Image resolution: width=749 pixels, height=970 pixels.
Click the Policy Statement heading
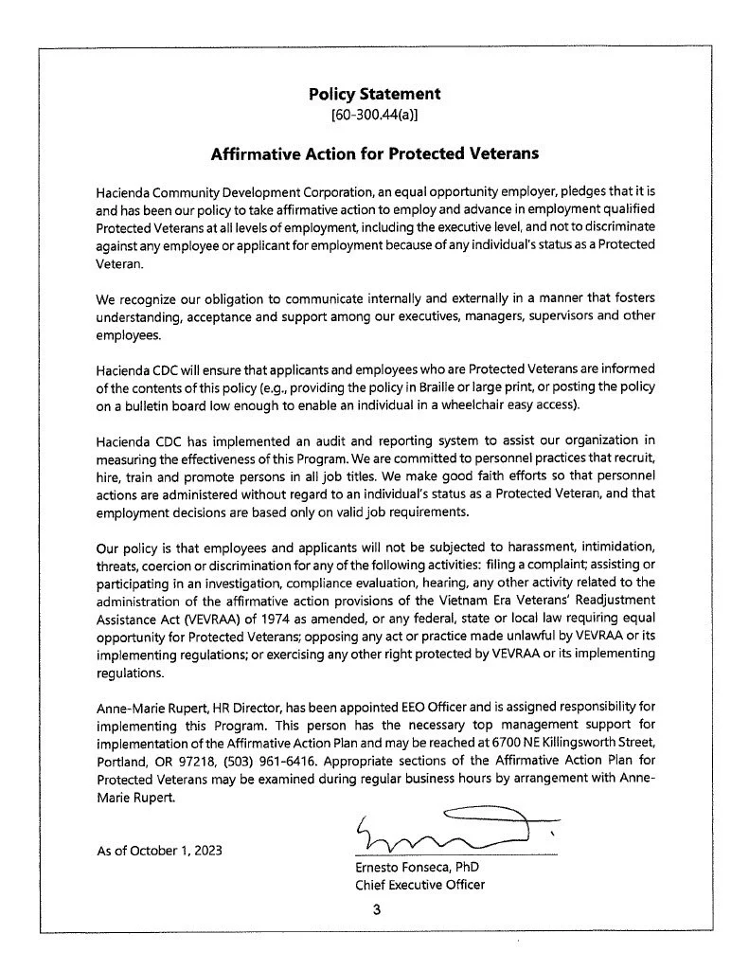[374, 94]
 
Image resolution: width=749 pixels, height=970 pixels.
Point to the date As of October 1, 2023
[161, 850]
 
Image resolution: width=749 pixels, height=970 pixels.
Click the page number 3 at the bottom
[375, 910]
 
